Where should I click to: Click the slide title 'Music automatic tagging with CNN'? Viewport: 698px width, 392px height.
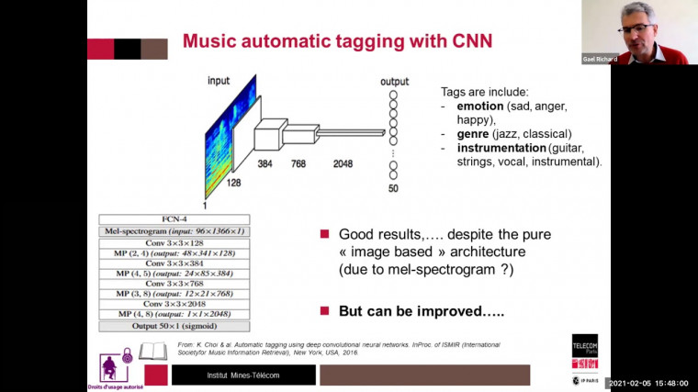(336, 40)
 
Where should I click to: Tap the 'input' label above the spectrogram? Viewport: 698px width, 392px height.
(218, 81)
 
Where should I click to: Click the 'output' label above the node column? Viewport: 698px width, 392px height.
(394, 82)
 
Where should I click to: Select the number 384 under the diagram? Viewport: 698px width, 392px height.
(265, 163)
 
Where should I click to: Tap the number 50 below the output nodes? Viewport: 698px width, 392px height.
(394, 189)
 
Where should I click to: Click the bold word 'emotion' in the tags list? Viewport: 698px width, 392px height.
(479, 106)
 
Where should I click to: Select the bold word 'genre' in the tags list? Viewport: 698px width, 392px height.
(473, 133)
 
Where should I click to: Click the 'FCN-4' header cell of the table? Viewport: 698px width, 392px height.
(174, 219)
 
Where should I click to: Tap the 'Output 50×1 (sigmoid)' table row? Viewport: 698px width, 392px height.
(174, 325)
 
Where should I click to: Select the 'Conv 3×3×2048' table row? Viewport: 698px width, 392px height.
(174, 304)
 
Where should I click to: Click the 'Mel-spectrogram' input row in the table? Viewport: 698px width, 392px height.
(174, 230)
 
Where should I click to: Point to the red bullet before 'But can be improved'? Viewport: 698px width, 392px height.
(324, 310)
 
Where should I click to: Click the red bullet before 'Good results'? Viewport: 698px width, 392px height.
(324, 235)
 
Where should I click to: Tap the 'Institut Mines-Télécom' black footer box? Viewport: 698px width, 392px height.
(243, 375)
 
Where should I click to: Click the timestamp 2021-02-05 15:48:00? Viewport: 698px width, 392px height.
(653, 384)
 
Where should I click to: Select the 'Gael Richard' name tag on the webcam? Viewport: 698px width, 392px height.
(600, 59)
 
